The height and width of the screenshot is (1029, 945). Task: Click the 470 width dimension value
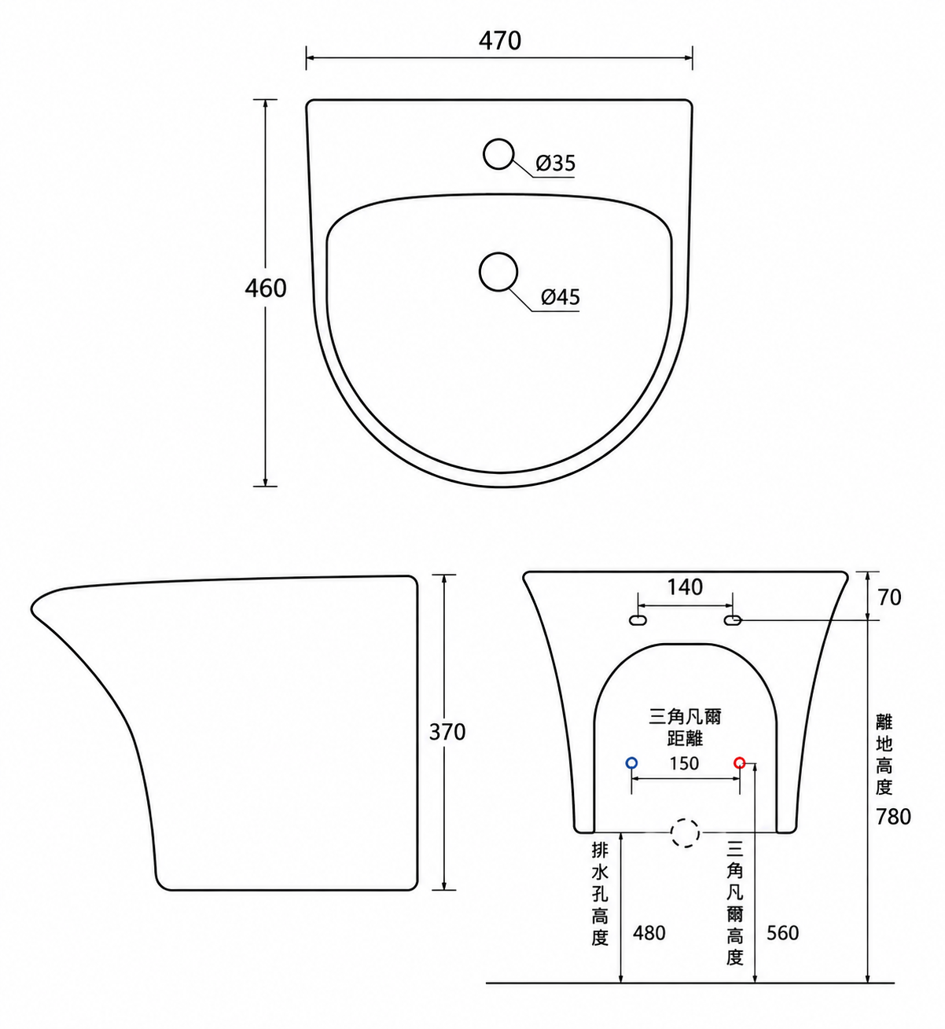pyautogui.click(x=500, y=41)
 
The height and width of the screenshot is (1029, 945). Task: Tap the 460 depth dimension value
pyautogui.click(x=265, y=288)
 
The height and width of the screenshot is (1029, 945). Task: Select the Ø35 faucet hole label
pyautogui.click(x=556, y=164)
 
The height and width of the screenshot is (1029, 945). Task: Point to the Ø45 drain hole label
pyautogui.click(x=561, y=296)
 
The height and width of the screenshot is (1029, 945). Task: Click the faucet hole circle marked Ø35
pyautogui.click(x=484, y=154)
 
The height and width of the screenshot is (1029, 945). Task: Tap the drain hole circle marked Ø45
pyautogui.click(x=480, y=272)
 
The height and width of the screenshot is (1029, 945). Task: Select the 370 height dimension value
pyautogui.click(x=447, y=733)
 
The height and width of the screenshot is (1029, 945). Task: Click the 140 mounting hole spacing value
pyautogui.click(x=685, y=587)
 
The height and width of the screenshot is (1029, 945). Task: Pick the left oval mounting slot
pyautogui.click(x=638, y=621)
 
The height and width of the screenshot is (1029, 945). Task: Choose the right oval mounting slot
pyautogui.click(x=733, y=621)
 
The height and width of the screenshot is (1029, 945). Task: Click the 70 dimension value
pyautogui.click(x=889, y=597)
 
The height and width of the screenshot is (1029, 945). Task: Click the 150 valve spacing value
pyautogui.click(x=685, y=764)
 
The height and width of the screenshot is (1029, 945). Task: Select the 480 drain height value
pyautogui.click(x=649, y=932)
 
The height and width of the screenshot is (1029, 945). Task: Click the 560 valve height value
pyautogui.click(x=783, y=932)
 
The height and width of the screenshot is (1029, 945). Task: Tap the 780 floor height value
pyautogui.click(x=893, y=817)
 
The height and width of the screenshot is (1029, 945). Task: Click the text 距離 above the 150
pyautogui.click(x=685, y=738)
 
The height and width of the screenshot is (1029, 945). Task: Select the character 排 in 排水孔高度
pyautogui.click(x=600, y=851)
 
